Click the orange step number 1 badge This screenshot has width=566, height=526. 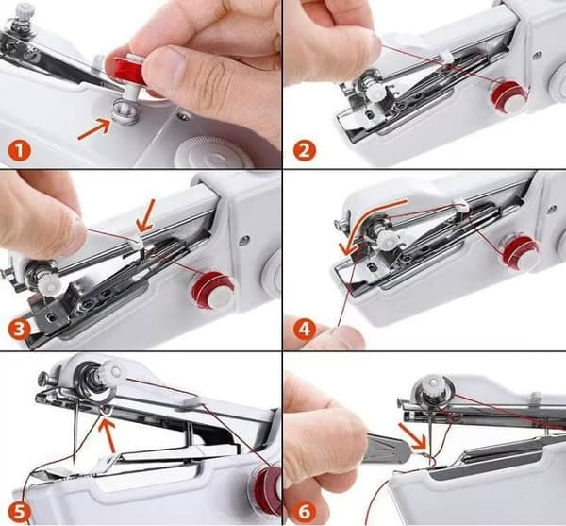click(20, 151)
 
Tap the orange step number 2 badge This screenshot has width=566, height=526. click(305, 150)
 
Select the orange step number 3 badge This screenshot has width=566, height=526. click(20, 330)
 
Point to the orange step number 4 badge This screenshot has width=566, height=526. click(305, 330)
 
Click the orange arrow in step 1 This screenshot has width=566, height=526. click(94, 129)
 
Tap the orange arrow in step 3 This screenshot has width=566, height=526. click(147, 216)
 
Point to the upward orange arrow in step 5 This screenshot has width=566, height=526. click(108, 433)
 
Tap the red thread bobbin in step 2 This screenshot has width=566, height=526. click(509, 97)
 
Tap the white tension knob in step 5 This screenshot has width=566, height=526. click(112, 371)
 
